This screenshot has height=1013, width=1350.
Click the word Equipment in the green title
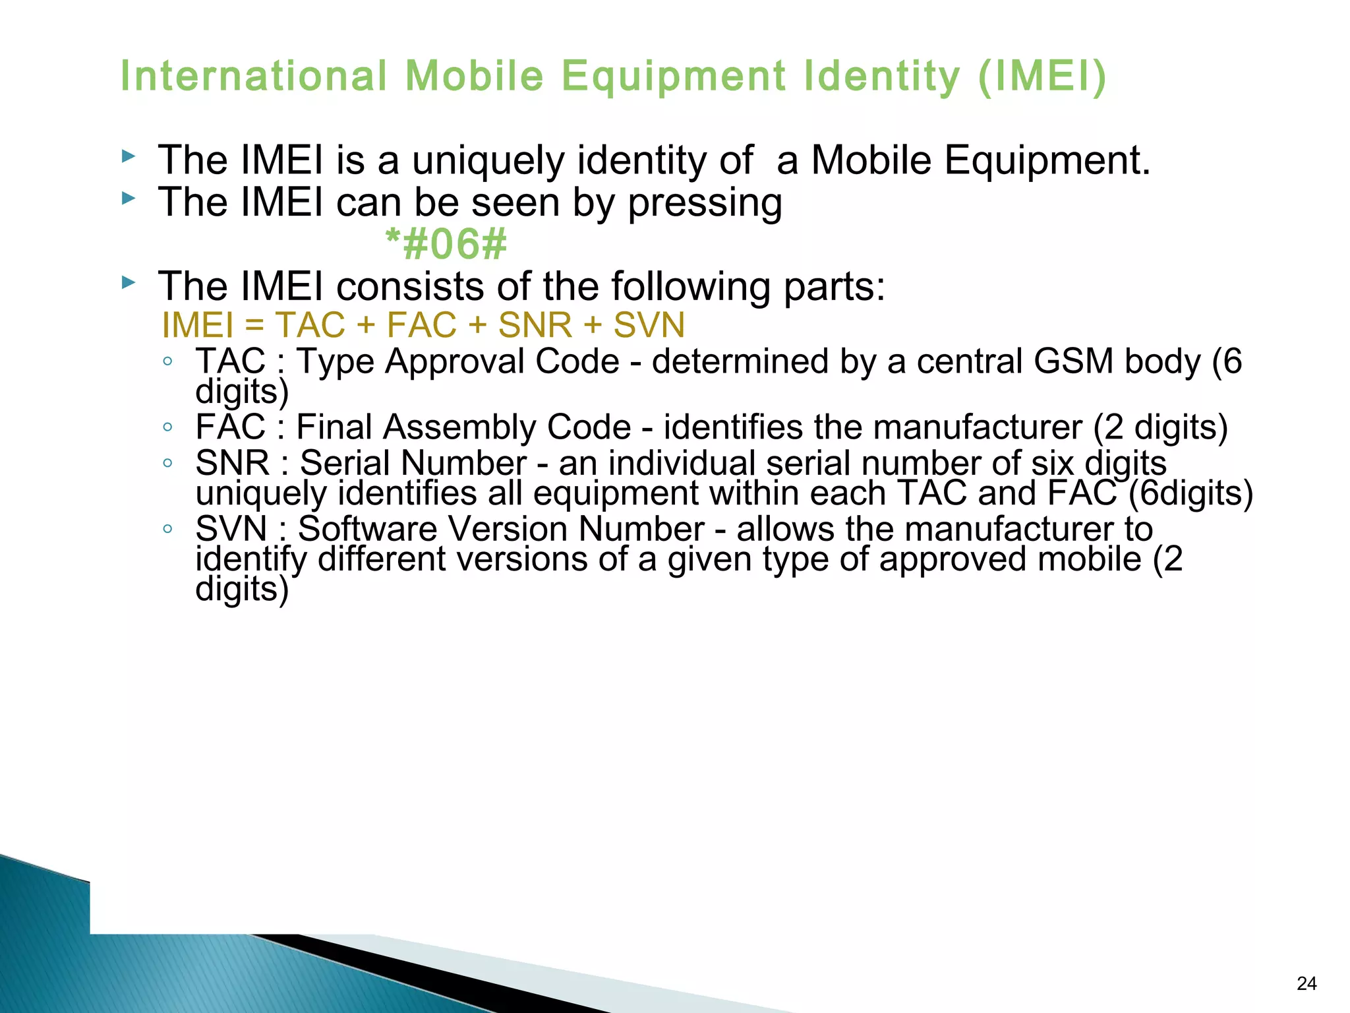pyautogui.click(x=673, y=77)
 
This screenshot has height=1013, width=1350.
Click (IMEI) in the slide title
pyautogui.click(x=1042, y=77)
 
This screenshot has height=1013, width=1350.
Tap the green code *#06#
pyautogui.click(x=446, y=244)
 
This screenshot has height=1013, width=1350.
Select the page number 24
pyautogui.click(x=1306, y=983)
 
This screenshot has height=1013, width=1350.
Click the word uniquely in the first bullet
pyautogui.click(x=488, y=161)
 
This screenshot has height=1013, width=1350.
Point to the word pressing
pyautogui.click(x=705, y=203)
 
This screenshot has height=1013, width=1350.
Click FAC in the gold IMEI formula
pyautogui.click(x=421, y=325)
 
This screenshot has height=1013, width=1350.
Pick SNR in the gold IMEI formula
pyautogui.click(x=535, y=325)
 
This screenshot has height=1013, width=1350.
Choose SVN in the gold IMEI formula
pyautogui.click(x=649, y=325)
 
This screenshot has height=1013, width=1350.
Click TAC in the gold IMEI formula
pyautogui.click(x=310, y=325)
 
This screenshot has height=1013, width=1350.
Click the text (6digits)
pyautogui.click(x=1190, y=493)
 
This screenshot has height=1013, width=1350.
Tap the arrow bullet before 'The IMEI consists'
pyautogui.click(x=129, y=284)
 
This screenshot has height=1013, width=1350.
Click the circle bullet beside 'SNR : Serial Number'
pyautogui.click(x=168, y=464)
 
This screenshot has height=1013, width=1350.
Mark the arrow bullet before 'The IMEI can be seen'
pyautogui.click(x=129, y=199)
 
